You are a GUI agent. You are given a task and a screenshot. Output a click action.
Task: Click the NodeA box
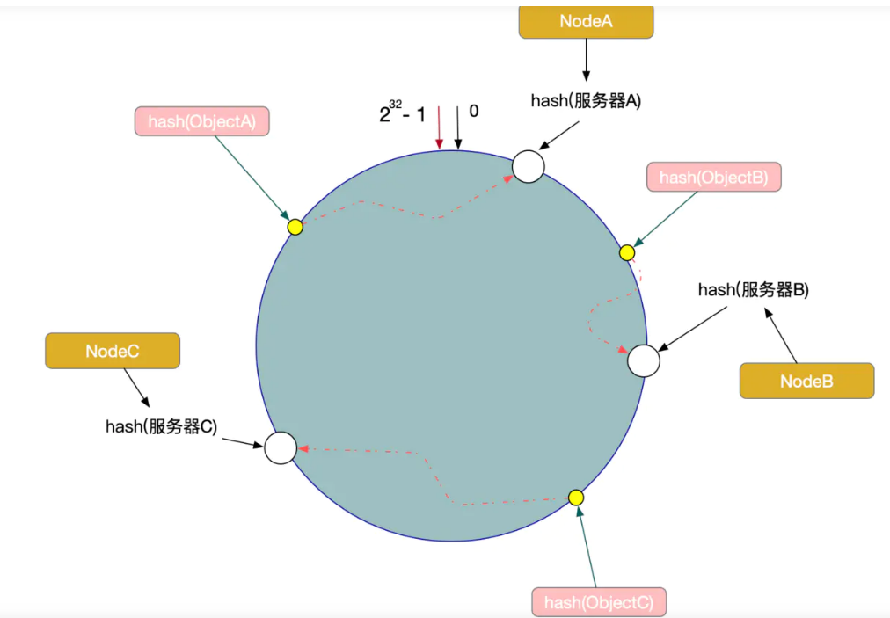(x=586, y=21)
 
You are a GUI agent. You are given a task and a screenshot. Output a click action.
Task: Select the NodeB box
(x=806, y=382)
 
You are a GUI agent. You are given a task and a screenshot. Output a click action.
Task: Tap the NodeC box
(x=113, y=351)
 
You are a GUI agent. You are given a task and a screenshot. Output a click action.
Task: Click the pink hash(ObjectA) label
(x=201, y=122)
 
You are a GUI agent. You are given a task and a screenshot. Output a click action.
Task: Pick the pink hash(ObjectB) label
(x=713, y=178)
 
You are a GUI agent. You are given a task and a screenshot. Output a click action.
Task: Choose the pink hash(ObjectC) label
(x=598, y=602)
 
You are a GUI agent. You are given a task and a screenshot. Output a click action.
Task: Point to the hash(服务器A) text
(x=586, y=100)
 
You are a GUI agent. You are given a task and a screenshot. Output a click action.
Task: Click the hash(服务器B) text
(x=753, y=289)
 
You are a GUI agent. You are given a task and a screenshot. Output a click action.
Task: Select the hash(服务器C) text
(x=161, y=426)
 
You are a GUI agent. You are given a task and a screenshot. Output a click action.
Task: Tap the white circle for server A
(x=529, y=166)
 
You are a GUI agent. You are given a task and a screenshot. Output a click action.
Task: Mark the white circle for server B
(x=644, y=360)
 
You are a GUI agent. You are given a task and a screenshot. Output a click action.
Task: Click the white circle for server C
(x=281, y=447)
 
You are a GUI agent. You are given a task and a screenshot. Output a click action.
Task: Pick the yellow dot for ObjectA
(x=295, y=227)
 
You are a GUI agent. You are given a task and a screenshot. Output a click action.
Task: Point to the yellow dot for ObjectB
(x=627, y=253)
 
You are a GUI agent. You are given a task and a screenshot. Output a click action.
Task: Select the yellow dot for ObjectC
(x=576, y=498)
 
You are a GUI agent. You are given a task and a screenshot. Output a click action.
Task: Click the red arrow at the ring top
(x=439, y=127)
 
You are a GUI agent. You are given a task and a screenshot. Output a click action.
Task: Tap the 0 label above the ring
(x=474, y=112)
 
